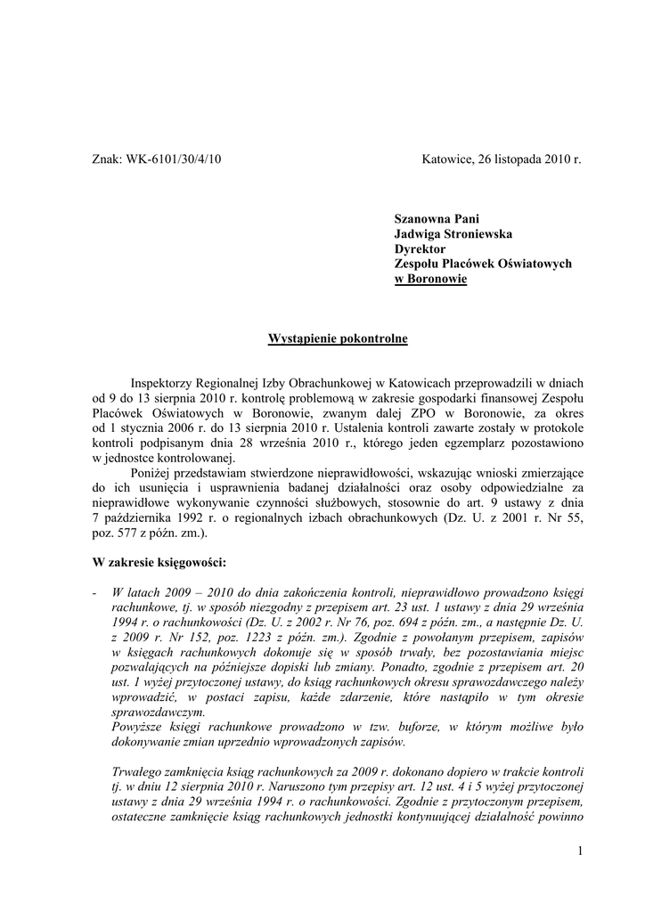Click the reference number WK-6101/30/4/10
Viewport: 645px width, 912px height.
coord(173,159)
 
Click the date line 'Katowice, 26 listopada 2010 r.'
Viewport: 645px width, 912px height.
coord(501,159)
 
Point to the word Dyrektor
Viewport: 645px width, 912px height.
coord(420,248)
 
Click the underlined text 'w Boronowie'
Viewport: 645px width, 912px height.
coord(430,279)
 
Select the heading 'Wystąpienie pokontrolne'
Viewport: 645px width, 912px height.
coord(326,338)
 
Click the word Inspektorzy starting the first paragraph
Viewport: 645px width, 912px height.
coord(166,383)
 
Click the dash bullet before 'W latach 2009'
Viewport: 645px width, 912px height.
coord(94,593)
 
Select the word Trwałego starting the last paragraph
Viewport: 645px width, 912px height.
coord(139,773)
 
